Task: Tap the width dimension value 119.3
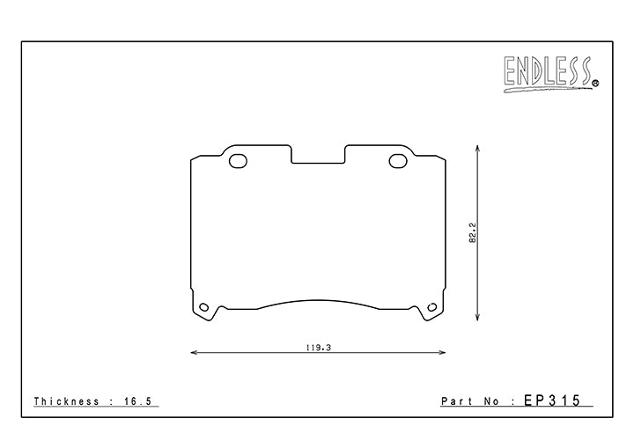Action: pyautogui.click(x=319, y=348)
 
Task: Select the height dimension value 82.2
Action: pyautogui.click(x=473, y=232)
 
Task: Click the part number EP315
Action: pyautogui.click(x=552, y=400)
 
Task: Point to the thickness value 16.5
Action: pyautogui.click(x=138, y=401)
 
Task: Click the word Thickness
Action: pyautogui.click(x=66, y=401)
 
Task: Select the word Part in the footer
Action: pyautogui.click(x=456, y=401)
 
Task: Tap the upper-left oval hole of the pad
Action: pyautogui.click(x=238, y=161)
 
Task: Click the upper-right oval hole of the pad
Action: pyautogui.click(x=398, y=161)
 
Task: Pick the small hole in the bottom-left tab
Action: pyautogui.click(x=204, y=307)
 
